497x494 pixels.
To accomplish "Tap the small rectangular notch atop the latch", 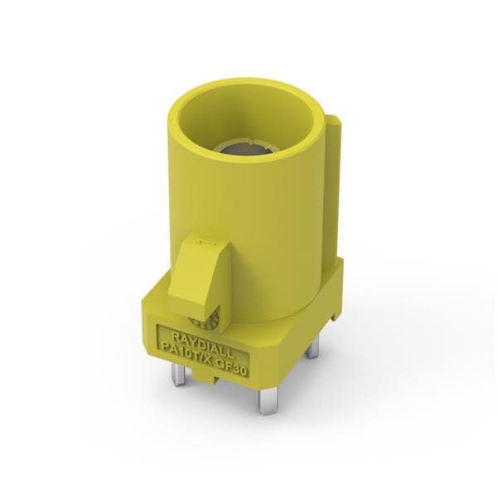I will click(210, 243).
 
